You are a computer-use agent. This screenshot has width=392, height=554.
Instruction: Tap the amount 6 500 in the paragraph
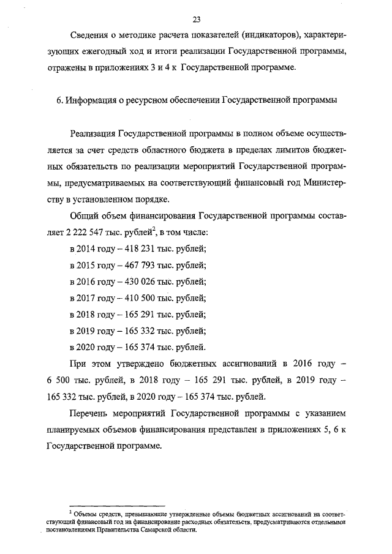pyautogui.click(x=57, y=380)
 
